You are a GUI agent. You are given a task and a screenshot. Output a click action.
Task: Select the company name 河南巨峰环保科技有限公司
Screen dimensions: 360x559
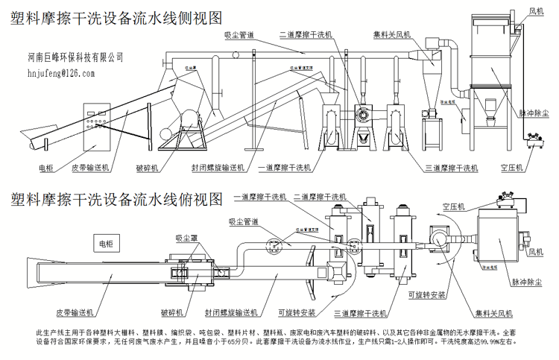coord(85,57)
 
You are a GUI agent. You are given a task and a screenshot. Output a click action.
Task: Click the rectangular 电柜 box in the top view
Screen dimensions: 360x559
coord(104,244)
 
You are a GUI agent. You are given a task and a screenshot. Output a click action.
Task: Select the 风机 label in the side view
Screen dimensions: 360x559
coord(536,11)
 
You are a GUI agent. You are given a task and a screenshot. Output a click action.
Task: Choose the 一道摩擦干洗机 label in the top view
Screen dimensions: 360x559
coord(259,197)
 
